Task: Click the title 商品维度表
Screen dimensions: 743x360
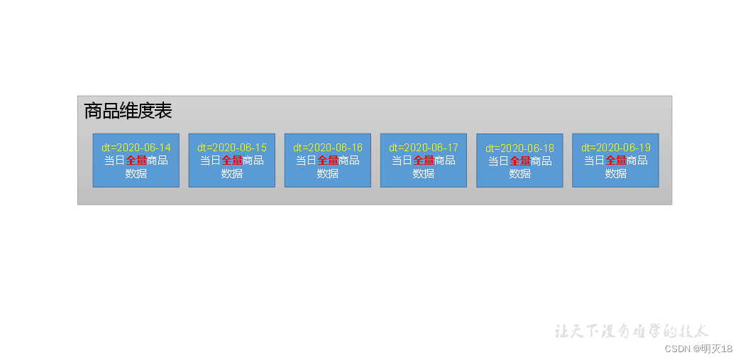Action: [128, 111]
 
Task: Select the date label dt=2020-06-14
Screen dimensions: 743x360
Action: [136, 148]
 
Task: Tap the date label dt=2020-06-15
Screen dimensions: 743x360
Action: [232, 148]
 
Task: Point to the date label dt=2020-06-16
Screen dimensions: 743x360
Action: [327, 148]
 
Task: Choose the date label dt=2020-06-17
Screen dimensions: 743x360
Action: [424, 148]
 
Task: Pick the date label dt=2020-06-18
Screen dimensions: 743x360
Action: [519, 148]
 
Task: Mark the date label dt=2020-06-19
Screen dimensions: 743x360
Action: [615, 148]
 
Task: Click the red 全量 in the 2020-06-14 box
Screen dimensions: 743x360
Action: [136, 160]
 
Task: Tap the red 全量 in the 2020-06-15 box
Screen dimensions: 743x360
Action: [232, 160]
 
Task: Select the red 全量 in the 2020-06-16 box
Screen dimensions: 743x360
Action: [327, 160]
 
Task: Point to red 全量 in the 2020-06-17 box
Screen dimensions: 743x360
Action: [424, 160]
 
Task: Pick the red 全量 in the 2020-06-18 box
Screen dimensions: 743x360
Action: [519, 160]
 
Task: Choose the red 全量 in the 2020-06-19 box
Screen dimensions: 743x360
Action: [615, 160]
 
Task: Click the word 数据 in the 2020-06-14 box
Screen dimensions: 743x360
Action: [136, 173]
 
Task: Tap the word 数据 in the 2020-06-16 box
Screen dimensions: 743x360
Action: [327, 173]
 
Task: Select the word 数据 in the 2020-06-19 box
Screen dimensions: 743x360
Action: [615, 173]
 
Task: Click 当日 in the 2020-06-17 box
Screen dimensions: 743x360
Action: [402, 160]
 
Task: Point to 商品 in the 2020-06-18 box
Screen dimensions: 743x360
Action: [541, 160]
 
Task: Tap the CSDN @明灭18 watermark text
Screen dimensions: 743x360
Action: [698, 349]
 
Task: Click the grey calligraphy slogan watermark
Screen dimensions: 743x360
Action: [632, 331]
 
